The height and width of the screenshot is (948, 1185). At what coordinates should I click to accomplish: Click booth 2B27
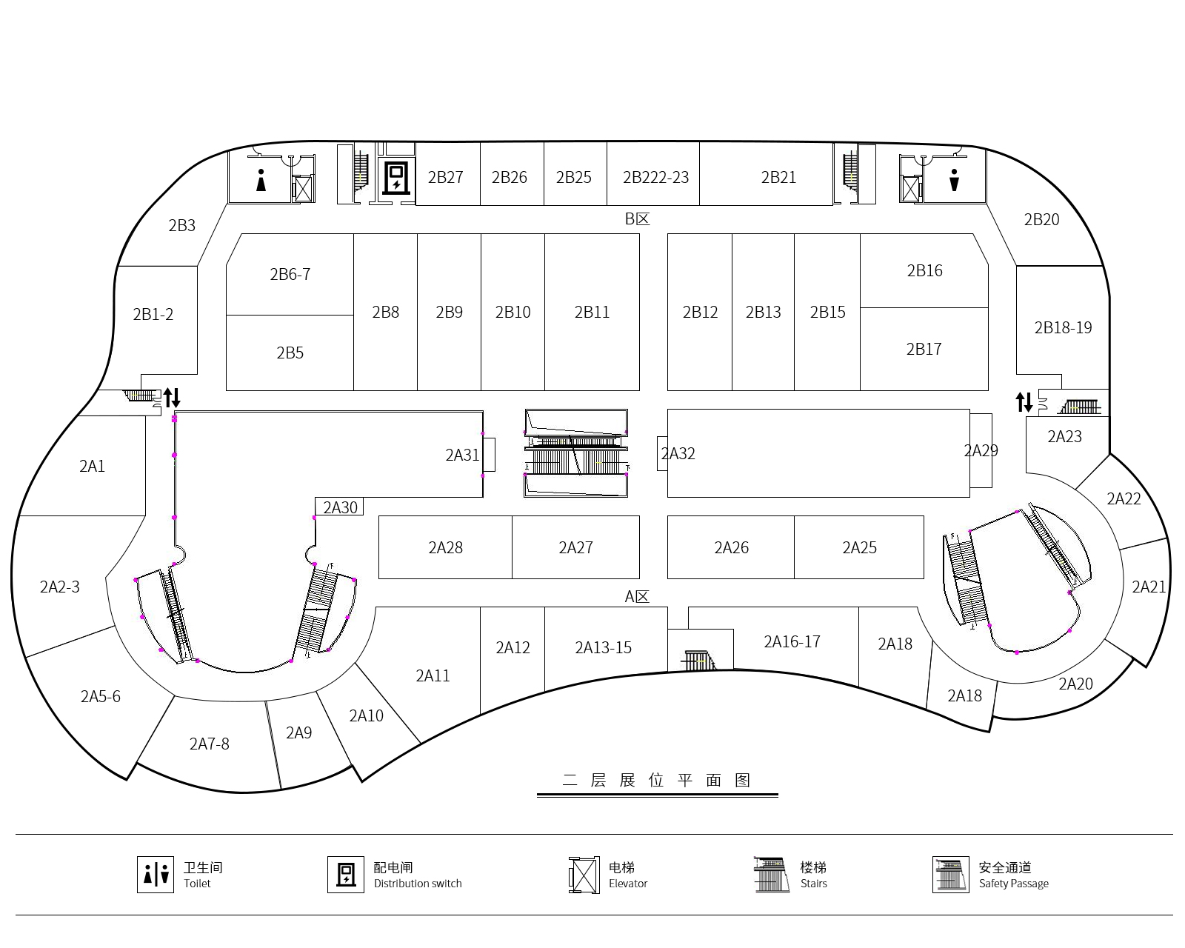(446, 177)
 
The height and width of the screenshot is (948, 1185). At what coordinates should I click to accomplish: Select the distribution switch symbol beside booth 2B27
(396, 177)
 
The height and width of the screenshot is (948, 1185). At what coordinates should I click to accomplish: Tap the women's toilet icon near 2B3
(261, 180)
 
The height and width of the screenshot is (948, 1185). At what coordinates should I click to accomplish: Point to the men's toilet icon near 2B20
(954, 180)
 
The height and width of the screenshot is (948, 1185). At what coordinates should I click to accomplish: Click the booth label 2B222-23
(655, 178)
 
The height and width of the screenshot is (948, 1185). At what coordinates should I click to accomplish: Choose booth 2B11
(592, 312)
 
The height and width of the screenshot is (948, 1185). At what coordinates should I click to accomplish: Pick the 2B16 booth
(924, 270)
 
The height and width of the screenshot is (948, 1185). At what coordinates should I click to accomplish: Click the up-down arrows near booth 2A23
(1024, 402)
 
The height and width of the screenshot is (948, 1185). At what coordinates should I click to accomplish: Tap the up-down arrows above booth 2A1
(172, 398)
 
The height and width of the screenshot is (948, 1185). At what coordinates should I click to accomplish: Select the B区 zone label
(637, 218)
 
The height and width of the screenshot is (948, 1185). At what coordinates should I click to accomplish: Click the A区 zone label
(637, 596)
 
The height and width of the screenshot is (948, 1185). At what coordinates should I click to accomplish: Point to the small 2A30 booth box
(340, 507)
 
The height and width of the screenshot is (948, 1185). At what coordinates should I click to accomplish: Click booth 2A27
(575, 547)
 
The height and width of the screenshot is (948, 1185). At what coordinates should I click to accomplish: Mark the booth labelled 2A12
(513, 648)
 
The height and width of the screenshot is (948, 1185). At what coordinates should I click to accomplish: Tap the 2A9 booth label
(298, 732)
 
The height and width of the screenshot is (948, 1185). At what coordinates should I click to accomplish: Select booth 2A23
(1064, 437)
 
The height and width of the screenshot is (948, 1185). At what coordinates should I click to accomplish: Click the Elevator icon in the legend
(584, 875)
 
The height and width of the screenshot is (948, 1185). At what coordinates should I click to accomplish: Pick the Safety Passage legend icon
(951, 875)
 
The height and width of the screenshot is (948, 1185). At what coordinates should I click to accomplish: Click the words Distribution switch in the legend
(418, 884)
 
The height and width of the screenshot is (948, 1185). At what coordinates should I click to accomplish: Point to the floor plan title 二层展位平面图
(657, 780)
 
